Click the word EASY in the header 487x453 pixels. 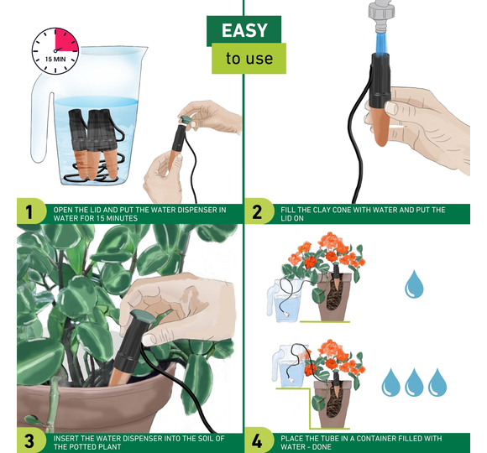(x=244, y=30)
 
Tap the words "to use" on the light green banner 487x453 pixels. (x=249, y=59)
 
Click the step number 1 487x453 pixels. (x=29, y=212)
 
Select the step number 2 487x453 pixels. (x=257, y=212)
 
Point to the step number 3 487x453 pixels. (x=29, y=441)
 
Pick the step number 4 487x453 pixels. (x=257, y=441)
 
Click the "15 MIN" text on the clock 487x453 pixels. (x=55, y=59)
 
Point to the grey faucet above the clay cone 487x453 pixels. (x=382, y=17)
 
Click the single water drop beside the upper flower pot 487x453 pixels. (x=414, y=284)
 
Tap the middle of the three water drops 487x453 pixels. (x=414, y=383)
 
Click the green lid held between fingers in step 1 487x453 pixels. (x=186, y=119)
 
